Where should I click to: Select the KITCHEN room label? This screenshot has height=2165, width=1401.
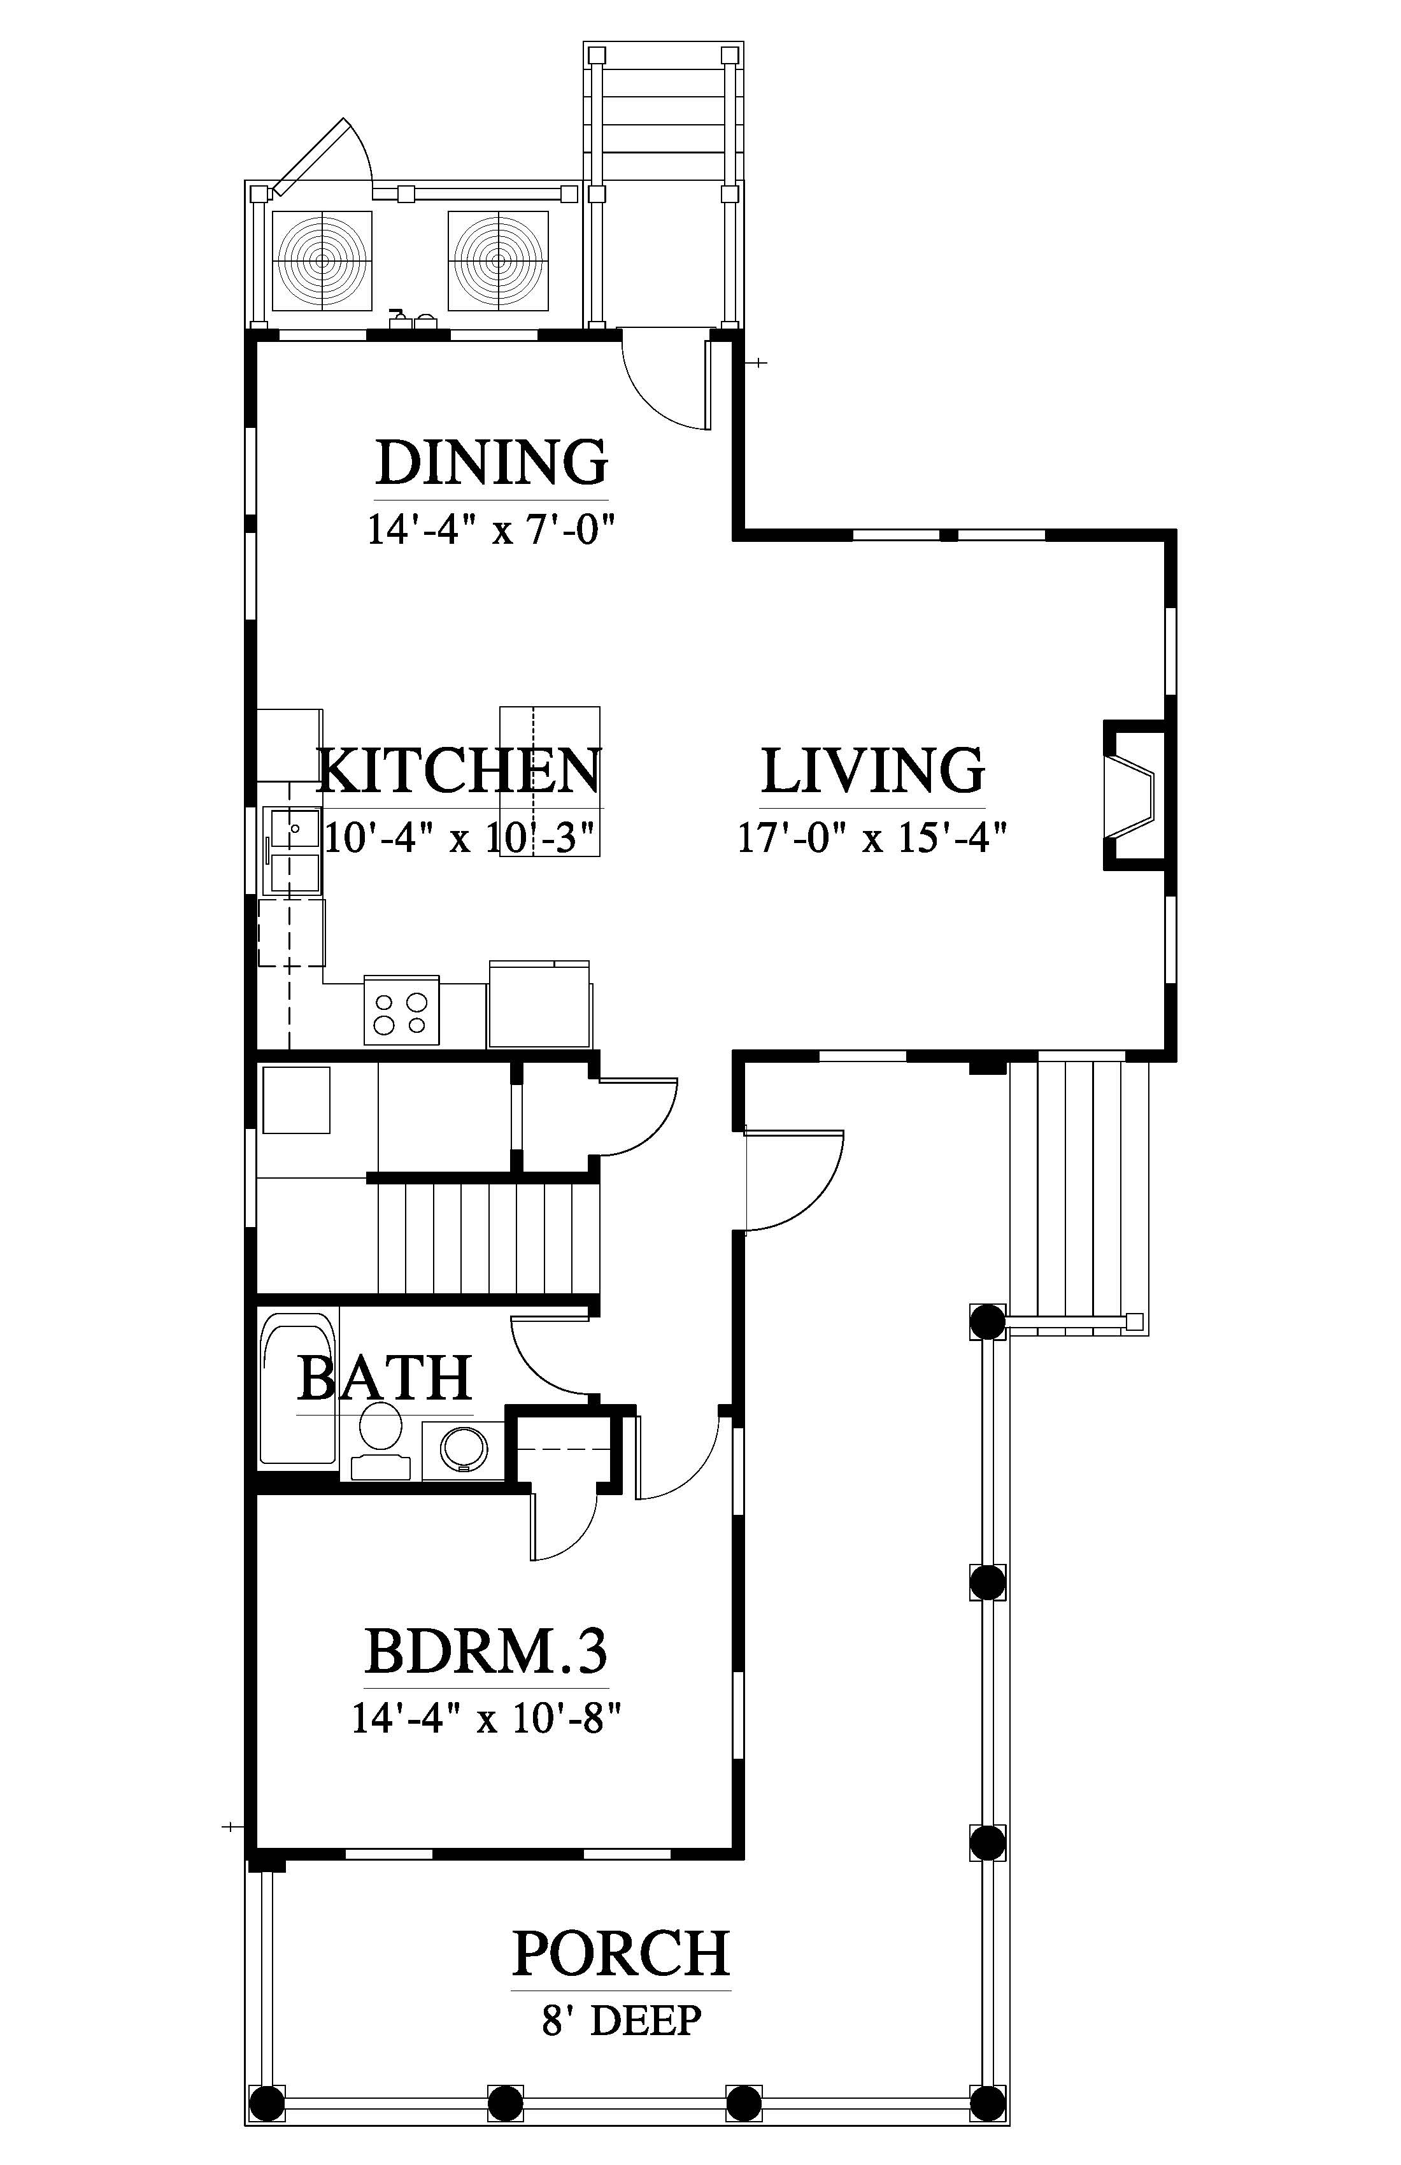tap(459, 770)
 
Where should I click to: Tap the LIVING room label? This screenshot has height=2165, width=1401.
tap(872, 770)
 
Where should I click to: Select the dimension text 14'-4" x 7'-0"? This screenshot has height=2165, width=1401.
tap(492, 529)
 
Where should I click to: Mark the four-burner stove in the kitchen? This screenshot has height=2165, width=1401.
tap(401, 1011)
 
